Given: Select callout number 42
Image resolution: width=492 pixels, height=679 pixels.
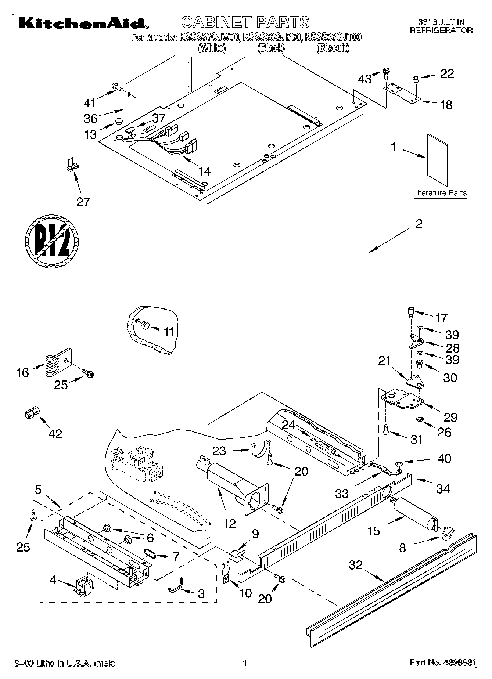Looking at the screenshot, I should (55, 434).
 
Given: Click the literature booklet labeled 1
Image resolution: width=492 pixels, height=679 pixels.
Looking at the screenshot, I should (438, 160).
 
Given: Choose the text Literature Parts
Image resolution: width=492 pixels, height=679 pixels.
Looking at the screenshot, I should (440, 193).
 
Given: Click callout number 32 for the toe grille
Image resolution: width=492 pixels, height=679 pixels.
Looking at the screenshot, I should (355, 564).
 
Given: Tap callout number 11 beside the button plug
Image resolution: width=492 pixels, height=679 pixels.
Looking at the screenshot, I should (169, 332).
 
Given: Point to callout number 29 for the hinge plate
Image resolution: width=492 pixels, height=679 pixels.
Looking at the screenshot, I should (450, 417).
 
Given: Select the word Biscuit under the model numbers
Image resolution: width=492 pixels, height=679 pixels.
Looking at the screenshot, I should (333, 48).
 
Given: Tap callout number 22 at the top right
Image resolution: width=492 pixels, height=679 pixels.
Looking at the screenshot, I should (447, 74).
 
